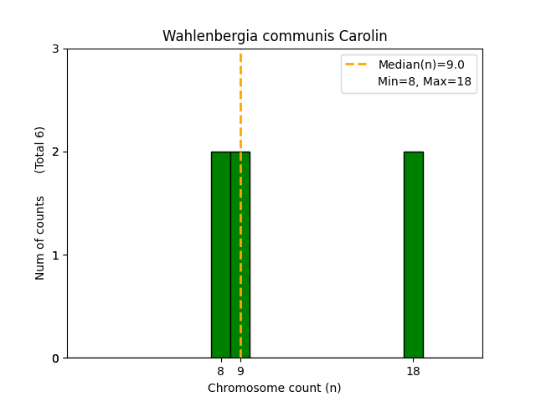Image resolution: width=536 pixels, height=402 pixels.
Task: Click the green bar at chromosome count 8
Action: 220,255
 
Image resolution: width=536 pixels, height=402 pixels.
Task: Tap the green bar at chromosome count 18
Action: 413,255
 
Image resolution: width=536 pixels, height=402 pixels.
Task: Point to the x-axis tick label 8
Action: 220,371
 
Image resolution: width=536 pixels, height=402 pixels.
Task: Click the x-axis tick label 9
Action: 240,371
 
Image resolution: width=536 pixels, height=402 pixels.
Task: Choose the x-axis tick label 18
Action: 413,371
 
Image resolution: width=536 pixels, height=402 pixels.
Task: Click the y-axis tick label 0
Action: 55,358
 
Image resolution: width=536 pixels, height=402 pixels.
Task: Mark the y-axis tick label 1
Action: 55,255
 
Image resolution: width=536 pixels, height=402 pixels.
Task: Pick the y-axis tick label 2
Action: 55,152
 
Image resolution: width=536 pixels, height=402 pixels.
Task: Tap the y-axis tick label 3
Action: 55,49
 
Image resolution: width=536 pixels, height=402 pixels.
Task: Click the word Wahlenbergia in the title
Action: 203,36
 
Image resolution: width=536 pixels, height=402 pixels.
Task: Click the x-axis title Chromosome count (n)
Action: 275,388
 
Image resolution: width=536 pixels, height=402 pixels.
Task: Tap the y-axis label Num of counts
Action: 40,238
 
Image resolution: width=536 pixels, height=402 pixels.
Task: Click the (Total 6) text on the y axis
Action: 40,149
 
